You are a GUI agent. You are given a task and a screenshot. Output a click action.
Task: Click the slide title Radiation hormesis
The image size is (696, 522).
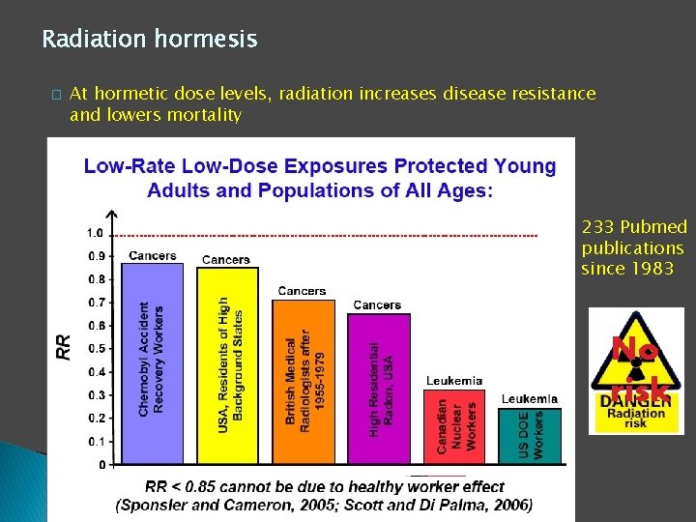(x=149, y=40)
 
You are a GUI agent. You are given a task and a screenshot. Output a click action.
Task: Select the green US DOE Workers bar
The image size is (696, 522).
(x=530, y=436)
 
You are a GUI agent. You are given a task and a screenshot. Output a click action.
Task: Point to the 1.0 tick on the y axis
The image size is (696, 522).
(x=95, y=233)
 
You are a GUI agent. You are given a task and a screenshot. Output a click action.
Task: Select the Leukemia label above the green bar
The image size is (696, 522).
(x=529, y=398)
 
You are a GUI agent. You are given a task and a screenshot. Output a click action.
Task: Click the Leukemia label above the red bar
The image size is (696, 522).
(x=453, y=381)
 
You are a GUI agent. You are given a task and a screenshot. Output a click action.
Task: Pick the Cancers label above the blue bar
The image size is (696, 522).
(x=152, y=256)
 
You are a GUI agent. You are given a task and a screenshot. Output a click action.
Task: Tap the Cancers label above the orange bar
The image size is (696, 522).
(x=302, y=291)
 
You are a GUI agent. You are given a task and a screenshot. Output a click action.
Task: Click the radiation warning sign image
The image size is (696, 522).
(x=637, y=370)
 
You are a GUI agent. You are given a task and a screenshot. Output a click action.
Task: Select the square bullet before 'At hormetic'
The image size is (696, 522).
(x=56, y=95)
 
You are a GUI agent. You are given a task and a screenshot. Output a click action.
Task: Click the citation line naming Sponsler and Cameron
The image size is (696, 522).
(x=323, y=505)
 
